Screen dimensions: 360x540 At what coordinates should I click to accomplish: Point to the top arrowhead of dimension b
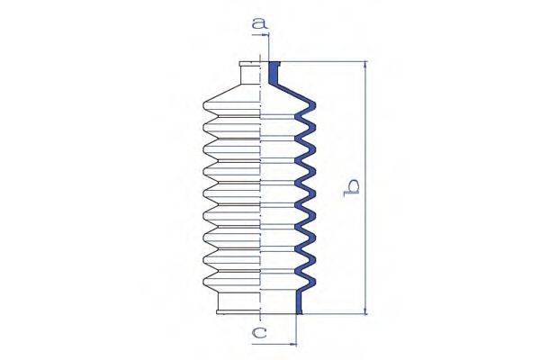click(365, 65)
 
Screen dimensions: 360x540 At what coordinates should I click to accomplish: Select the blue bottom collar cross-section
click(301, 304)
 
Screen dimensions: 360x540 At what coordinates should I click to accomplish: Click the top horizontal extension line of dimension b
click(324, 61)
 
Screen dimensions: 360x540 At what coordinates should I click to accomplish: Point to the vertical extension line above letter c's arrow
click(296, 329)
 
